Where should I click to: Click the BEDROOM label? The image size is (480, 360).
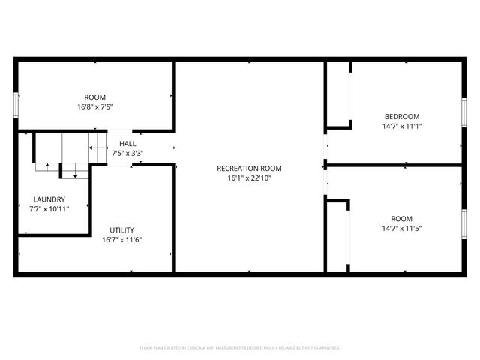402,116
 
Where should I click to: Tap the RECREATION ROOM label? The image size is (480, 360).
249,168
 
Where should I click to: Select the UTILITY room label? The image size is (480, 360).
122,230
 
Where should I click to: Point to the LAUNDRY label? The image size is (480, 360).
49,199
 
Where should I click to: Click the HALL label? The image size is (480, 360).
127,143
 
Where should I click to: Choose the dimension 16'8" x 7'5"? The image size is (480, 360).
94,106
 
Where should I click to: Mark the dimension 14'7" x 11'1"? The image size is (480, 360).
402,126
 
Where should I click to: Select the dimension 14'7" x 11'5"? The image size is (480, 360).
402,228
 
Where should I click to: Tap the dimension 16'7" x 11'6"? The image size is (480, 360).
122,240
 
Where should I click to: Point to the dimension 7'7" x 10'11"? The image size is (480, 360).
49,209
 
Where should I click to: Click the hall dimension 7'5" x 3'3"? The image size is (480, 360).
127,153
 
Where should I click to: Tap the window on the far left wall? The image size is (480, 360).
16,105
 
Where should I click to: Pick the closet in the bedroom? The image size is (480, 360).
338,94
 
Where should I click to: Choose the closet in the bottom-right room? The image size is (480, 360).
337,236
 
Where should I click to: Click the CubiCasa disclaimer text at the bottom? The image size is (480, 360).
240,348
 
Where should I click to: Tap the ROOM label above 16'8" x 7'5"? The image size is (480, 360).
94,97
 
